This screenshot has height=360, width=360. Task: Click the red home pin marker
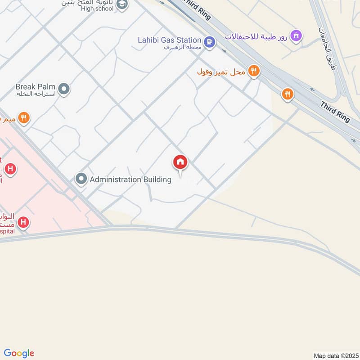coord(180,162)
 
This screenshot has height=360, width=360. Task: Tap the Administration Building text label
coord(130,180)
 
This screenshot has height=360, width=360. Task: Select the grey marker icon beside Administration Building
coord(81,180)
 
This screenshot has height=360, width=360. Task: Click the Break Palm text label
coord(35,86)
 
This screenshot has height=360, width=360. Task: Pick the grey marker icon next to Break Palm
coord(64,89)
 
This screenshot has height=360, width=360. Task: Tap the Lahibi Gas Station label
coord(169,40)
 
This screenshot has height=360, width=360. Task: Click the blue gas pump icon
coord(209,42)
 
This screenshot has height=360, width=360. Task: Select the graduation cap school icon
coord(122,4)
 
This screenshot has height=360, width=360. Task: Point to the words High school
coord(98,9)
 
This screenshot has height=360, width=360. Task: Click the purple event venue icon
coord(296,35)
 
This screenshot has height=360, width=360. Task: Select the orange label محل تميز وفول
coord(221,72)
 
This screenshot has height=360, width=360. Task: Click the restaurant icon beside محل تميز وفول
coord(254,71)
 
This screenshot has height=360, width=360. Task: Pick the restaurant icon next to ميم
coord(24,118)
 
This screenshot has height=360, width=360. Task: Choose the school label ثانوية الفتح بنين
coord(88,2)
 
